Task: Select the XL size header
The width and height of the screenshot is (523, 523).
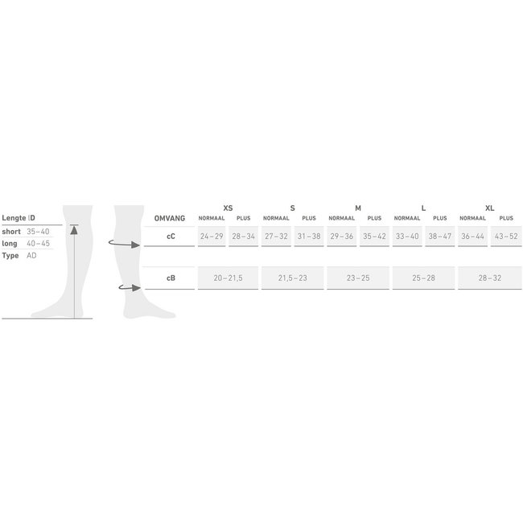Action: [x=490, y=208]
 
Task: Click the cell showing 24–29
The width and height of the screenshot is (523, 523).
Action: [x=212, y=237]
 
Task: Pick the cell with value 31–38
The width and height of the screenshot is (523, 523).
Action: [x=309, y=237]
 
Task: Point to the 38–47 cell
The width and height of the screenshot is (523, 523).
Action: [x=440, y=237]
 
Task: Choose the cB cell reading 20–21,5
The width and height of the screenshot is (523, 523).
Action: [x=228, y=278]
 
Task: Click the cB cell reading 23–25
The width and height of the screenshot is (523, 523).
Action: [x=358, y=278]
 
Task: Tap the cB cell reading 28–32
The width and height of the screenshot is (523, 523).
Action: [x=489, y=278]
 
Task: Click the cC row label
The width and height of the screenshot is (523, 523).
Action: [x=171, y=237]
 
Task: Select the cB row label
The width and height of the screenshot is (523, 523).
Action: [x=171, y=278]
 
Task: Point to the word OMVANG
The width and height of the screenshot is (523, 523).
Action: [x=169, y=218]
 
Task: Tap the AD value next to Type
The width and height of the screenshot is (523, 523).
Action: [x=31, y=255]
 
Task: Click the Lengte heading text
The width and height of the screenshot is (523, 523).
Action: [x=14, y=218]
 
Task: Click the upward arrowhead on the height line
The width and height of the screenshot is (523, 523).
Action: [x=74, y=229]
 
